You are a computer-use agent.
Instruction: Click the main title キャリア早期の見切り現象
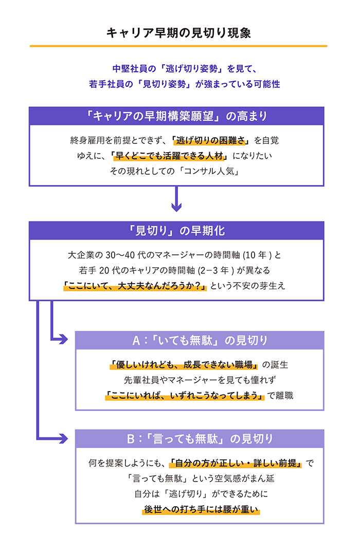178,33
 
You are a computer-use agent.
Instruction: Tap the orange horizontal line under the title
178,46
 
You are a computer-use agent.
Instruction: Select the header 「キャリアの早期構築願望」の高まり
176,116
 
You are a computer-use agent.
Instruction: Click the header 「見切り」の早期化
176,231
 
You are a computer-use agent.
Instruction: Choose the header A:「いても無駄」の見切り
200,341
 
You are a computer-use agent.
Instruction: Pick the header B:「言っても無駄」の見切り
200,439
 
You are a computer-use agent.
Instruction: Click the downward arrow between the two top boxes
176,199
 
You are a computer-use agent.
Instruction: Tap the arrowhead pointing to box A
63,339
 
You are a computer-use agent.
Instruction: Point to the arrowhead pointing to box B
63,438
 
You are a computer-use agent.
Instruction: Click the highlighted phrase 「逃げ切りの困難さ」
210,140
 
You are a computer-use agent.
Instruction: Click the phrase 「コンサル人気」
210,171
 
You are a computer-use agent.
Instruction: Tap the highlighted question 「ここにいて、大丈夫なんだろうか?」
135,286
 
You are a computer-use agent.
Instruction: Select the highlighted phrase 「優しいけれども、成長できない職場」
184,364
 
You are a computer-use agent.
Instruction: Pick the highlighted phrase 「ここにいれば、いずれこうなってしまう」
185,395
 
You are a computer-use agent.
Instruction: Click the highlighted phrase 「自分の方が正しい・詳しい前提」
236,463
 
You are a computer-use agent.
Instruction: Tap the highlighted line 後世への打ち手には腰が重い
201,509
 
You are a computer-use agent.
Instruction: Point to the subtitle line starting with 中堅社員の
184,69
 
